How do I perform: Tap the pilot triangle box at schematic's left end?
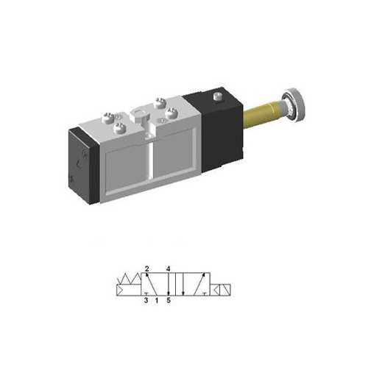point(121,288)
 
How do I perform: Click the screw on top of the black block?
point(216,97)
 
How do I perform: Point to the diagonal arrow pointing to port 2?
point(152,283)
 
